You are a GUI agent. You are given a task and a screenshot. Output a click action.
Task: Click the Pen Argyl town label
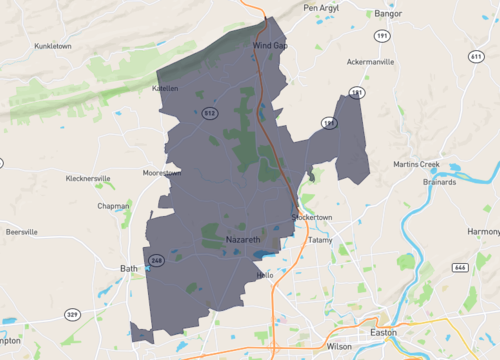[x=322, y=8]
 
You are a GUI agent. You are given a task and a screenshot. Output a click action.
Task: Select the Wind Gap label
[x=270, y=46]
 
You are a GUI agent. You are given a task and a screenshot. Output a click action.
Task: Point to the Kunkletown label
[x=54, y=46]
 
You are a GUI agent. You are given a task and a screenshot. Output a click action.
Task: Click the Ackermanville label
[x=370, y=62]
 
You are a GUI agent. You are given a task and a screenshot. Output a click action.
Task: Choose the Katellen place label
[x=165, y=88]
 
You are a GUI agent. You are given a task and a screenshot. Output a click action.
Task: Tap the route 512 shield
[x=209, y=112]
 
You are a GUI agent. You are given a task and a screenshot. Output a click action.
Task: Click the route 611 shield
[x=476, y=56]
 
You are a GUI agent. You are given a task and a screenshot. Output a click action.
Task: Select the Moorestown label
[x=162, y=172]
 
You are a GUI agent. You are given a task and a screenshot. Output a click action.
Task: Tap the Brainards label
[x=439, y=182]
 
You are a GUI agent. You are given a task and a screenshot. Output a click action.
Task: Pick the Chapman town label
[x=113, y=206]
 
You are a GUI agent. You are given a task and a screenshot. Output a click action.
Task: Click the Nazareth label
[x=243, y=242]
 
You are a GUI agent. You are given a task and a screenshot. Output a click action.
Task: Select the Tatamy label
[x=320, y=240]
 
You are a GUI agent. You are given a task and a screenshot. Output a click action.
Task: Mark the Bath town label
[x=129, y=268]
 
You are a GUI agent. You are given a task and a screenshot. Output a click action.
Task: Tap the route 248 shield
[x=156, y=261]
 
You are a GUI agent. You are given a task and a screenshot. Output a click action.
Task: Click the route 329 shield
[x=72, y=314]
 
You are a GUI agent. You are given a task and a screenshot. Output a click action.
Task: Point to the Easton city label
[x=384, y=331]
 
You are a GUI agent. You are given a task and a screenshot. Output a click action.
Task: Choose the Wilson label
[x=339, y=346]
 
